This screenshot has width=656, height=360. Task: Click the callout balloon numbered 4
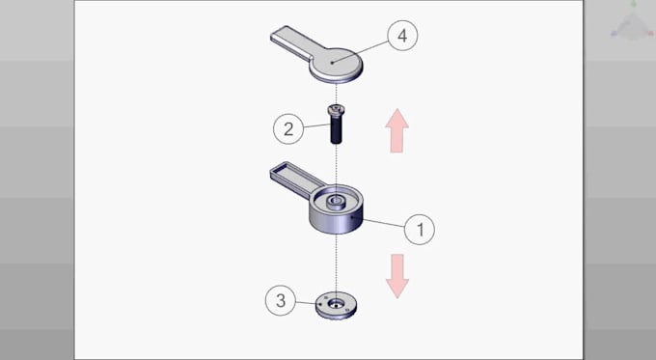[402, 36]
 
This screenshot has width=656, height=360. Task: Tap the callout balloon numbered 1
[419, 229]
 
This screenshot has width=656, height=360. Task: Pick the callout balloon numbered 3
[281, 300]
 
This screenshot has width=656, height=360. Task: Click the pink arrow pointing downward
[396, 274]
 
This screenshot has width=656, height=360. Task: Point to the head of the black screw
[337, 112]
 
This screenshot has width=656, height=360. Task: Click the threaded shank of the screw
[337, 130]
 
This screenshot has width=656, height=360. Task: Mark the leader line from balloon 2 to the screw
[314, 125]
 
